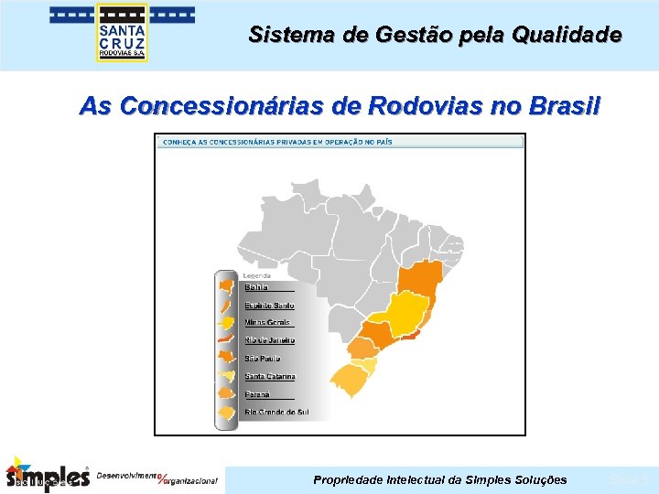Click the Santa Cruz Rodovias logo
tap(122, 33)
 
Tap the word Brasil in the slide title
tap(564, 106)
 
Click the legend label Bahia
tap(256, 287)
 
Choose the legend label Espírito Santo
tap(269, 305)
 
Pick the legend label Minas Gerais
tap(266, 322)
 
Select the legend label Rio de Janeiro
tap(269, 340)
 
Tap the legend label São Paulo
tap(263, 359)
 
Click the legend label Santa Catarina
tap(269, 376)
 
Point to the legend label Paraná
tap(258, 394)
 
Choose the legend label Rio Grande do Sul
tap(276, 413)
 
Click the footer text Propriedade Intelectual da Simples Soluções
tap(439, 480)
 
